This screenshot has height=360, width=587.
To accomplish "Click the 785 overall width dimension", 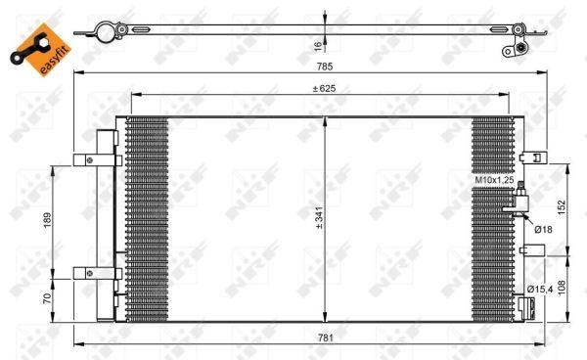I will [x=325, y=67].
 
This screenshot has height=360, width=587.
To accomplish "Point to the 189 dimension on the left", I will [x=47, y=220].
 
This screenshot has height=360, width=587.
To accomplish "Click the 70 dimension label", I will [x=47, y=297].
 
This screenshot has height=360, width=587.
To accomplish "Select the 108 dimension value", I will [x=563, y=291].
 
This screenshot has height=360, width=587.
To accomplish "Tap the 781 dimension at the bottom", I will [x=325, y=337].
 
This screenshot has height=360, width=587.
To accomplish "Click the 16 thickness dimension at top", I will [x=317, y=44].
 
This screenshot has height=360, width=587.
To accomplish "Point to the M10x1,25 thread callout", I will [x=494, y=181].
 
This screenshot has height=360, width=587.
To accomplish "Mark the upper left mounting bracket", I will [x=98, y=159].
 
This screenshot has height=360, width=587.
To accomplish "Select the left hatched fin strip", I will [x=148, y=220].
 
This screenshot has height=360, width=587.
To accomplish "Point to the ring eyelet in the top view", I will [x=101, y=32].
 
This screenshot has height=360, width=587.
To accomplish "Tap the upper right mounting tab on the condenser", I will [x=534, y=157].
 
